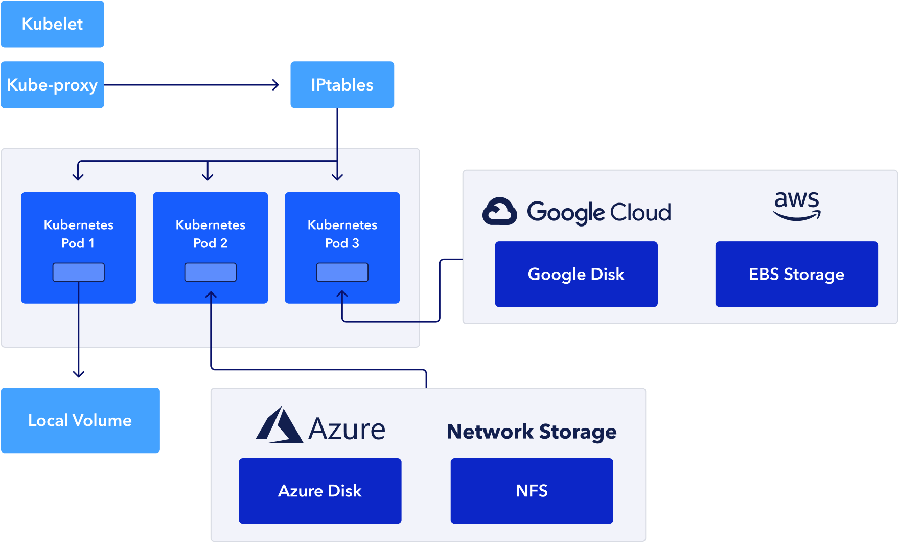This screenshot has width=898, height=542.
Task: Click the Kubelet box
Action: coord(52,24)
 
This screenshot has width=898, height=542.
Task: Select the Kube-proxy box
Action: coord(52,85)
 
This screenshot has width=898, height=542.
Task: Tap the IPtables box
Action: coord(342,85)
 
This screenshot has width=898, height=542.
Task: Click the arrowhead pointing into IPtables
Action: coord(276,85)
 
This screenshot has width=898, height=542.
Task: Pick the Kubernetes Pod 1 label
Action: coord(78,234)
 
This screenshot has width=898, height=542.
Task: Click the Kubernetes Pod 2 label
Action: coord(210,234)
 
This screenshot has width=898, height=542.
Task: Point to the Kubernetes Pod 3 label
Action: coord(342,234)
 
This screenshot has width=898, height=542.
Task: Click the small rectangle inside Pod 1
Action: coord(78,272)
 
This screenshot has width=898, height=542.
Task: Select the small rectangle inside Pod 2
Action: coord(210,272)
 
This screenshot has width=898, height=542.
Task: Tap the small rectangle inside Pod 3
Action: coord(342,272)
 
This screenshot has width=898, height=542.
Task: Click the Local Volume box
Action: coord(80,420)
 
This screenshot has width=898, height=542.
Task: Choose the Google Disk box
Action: coord(576,274)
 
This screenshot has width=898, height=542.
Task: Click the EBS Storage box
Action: coord(796,274)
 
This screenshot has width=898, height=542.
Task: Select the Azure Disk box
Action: coord(320,491)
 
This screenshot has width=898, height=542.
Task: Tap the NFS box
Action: coord(532,491)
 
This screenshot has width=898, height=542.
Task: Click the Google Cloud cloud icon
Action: coord(499,211)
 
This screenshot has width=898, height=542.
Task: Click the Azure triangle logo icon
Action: coord(279,425)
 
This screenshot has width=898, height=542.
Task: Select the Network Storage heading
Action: coord(532,432)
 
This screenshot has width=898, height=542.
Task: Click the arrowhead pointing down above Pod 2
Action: coord(207,177)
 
